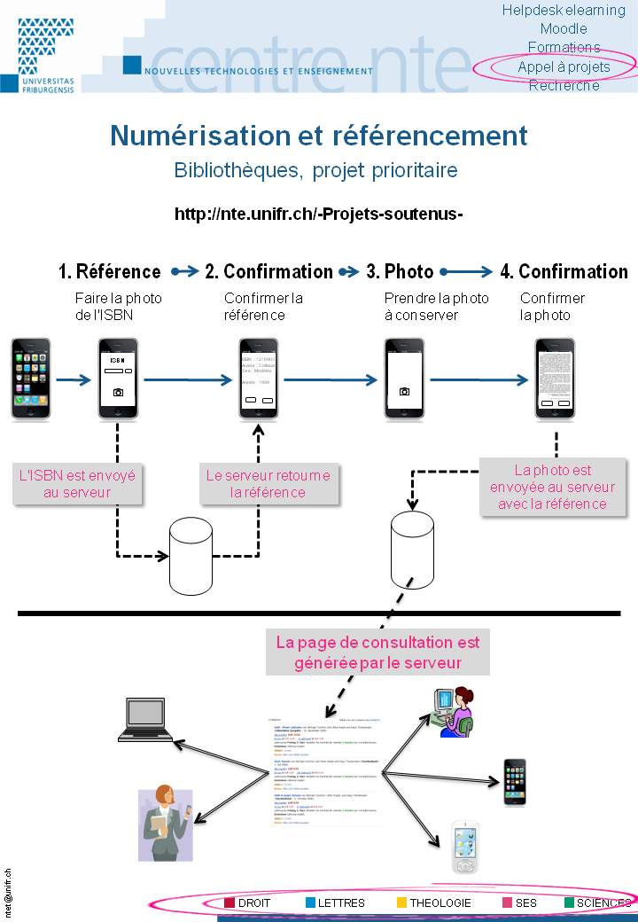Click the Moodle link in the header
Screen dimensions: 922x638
click(564, 29)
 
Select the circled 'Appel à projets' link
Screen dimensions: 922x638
click(564, 66)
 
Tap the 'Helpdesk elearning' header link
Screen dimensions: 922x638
click(564, 11)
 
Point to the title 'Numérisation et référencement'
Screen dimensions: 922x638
click(319, 136)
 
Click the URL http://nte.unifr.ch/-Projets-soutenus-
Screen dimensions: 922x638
click(319, 215)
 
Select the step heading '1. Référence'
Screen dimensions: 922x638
click(110, 271)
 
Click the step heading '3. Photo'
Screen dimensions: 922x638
click(400, 271)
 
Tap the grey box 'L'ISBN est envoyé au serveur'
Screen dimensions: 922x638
click(77, 483)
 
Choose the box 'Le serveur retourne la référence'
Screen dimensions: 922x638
click(268, 483)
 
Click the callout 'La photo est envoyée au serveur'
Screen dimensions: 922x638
click(552, 487)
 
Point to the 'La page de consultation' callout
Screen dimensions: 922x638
click(377, 652)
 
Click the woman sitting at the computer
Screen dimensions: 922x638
click(455, 712)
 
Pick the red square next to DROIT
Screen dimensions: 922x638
click(229, 902)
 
